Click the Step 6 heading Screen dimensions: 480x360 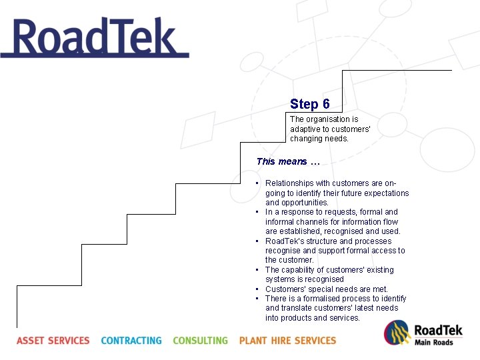coord(310,104)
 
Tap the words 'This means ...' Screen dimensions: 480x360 coord(288,161)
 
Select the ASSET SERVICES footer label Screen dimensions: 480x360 coord(53,341)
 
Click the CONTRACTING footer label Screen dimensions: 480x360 coord(131,341)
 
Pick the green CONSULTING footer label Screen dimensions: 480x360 coord(200,341)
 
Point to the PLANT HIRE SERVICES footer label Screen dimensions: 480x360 coord(287,341)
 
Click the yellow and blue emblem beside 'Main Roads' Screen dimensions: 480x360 coord(397,333)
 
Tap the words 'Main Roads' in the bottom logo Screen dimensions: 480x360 coord(434,343)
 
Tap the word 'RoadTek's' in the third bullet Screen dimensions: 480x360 coord(285,241)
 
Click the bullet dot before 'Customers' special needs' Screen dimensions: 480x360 coord(257,289)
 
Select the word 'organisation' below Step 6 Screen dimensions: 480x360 coord(327,119)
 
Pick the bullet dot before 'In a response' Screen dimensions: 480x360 coord(257,212)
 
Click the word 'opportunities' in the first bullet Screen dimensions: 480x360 coord(297,203)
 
